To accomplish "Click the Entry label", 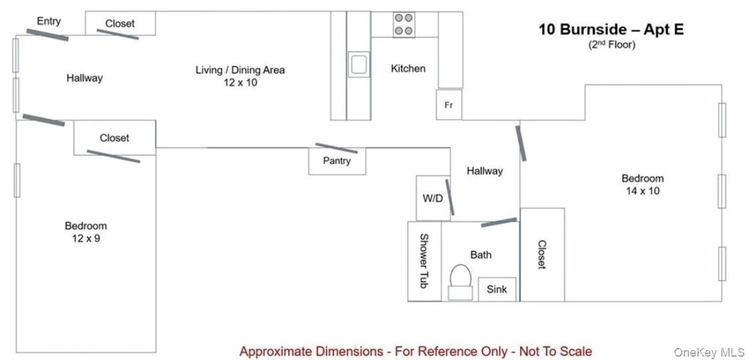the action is [49, 21].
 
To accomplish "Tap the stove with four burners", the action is [403, 25].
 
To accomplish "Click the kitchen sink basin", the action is [358, 65].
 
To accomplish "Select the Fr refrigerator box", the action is [449, 104].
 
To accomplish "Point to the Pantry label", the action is [337, 161].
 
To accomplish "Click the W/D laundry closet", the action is [433, 198].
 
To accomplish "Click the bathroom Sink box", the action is [497, 289].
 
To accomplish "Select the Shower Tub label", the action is [423, 261].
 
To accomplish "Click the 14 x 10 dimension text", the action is [642, 191].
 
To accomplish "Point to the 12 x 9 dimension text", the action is [86, 238].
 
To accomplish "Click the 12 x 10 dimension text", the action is [240, 82].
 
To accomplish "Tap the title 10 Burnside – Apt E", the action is [611, 29].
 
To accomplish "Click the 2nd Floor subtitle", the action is [611, 45].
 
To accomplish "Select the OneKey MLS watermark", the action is [709, 353].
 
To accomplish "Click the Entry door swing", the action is [47, 35].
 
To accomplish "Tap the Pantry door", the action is [336, 148].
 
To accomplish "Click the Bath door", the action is [499, 222].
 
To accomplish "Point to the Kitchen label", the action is [408, 69].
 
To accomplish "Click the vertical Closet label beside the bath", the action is [542, 254].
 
